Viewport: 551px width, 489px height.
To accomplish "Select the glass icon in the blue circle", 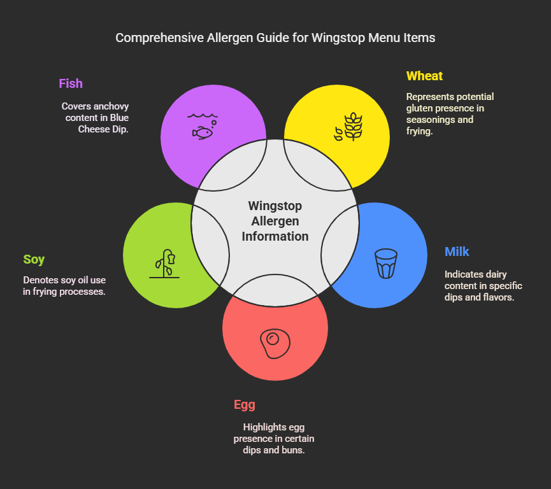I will (x=386, y=263).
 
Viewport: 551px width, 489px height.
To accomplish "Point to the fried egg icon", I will (x=275, y=344).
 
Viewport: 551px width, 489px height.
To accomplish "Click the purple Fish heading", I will (x=71, y=83).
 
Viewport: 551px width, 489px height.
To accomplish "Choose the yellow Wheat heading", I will (x=424, y=76).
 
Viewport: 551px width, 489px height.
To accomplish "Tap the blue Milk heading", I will (x=457, y=252).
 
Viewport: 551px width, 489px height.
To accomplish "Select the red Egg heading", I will (x=245, y=404).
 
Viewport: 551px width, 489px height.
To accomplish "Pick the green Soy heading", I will (x=34, y=259).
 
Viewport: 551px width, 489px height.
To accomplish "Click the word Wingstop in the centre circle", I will (x=275, y=206).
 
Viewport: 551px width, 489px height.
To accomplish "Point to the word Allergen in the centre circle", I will (x=275, y=221).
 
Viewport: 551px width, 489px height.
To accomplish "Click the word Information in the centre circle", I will (x=275, y=236).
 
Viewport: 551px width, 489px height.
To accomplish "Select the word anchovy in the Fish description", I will (x=111, y=106).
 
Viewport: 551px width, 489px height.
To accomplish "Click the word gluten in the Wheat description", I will (x=419, y=108).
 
